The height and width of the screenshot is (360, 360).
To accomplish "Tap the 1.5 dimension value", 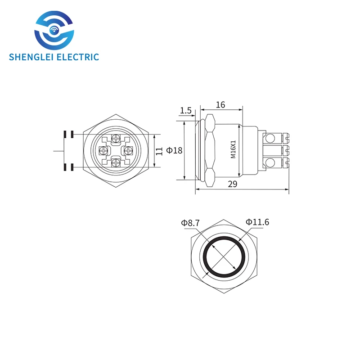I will (185, 110).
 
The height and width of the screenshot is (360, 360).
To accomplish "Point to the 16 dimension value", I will (220, 105).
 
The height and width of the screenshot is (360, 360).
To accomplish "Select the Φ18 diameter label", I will (174, 150).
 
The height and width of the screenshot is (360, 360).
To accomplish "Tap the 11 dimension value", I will (159, 151).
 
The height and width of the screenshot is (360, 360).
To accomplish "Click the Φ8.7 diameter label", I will (190, 222).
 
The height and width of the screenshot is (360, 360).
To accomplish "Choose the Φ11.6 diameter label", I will (258, 222).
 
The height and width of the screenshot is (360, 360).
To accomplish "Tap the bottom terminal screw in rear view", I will (116, 162).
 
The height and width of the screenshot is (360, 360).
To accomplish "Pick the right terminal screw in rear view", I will (128, 150).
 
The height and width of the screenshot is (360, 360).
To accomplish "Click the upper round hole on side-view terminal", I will (270, 138).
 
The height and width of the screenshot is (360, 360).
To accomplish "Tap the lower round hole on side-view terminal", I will (270, 162).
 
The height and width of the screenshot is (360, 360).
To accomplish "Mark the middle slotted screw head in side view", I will (284, 150).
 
